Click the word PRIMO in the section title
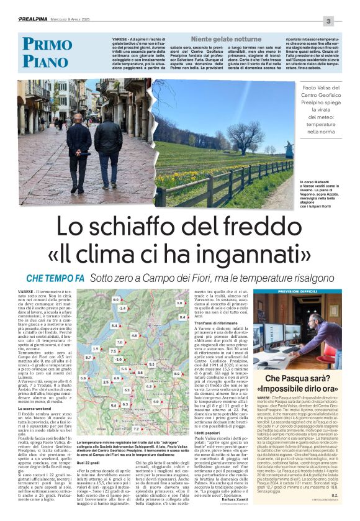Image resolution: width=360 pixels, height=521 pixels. pos(45,45)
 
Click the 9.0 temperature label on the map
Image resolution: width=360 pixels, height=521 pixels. pos(115,299)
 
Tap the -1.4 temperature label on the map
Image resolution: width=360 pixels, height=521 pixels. pos(122,308)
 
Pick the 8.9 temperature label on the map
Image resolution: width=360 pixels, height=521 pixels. pos(176,374)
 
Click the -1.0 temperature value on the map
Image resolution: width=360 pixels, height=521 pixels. pos(118,360)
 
